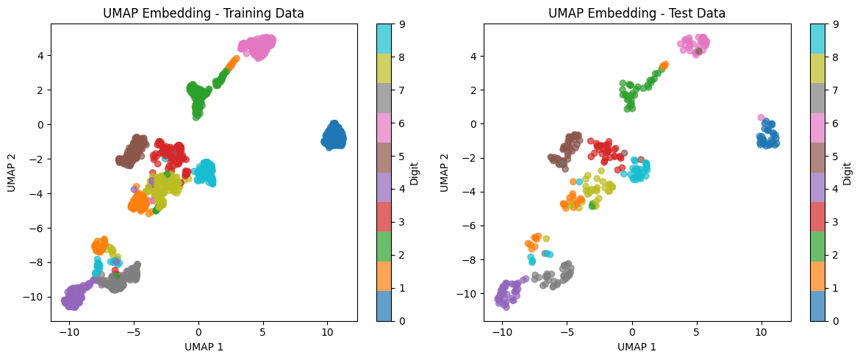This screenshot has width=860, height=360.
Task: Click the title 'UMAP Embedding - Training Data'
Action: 204,13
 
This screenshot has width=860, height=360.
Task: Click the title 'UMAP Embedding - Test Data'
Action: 637,13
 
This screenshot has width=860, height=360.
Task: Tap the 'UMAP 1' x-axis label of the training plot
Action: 204,347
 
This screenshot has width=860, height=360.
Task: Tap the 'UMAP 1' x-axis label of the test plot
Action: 637,347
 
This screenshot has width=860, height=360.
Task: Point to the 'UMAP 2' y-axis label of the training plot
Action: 12,173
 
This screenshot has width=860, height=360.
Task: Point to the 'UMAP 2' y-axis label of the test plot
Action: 445,173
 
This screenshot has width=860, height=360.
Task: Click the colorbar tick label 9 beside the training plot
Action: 404,24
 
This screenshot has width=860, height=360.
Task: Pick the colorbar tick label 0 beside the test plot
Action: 838,321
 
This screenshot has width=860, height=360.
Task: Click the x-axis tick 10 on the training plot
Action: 328,331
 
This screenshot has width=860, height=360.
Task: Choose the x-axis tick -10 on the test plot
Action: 502,331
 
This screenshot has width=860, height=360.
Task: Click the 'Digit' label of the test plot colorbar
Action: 848,173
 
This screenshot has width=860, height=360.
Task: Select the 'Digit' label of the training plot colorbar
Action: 415,173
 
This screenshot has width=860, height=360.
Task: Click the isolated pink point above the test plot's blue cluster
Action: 762,118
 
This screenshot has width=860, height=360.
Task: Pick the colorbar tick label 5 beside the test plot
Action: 838,156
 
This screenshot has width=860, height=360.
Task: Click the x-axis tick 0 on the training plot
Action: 198,331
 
